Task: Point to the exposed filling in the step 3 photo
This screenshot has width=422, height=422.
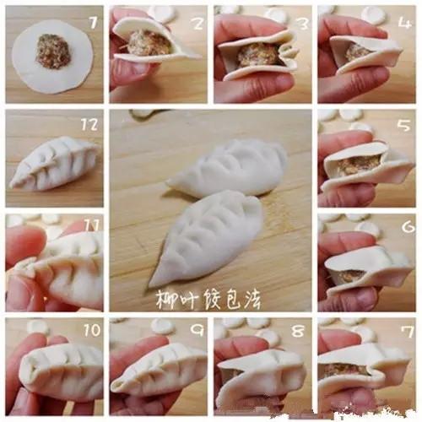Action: (x=257, y=55)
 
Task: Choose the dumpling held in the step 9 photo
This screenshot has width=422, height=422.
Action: (x=160, y=370)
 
